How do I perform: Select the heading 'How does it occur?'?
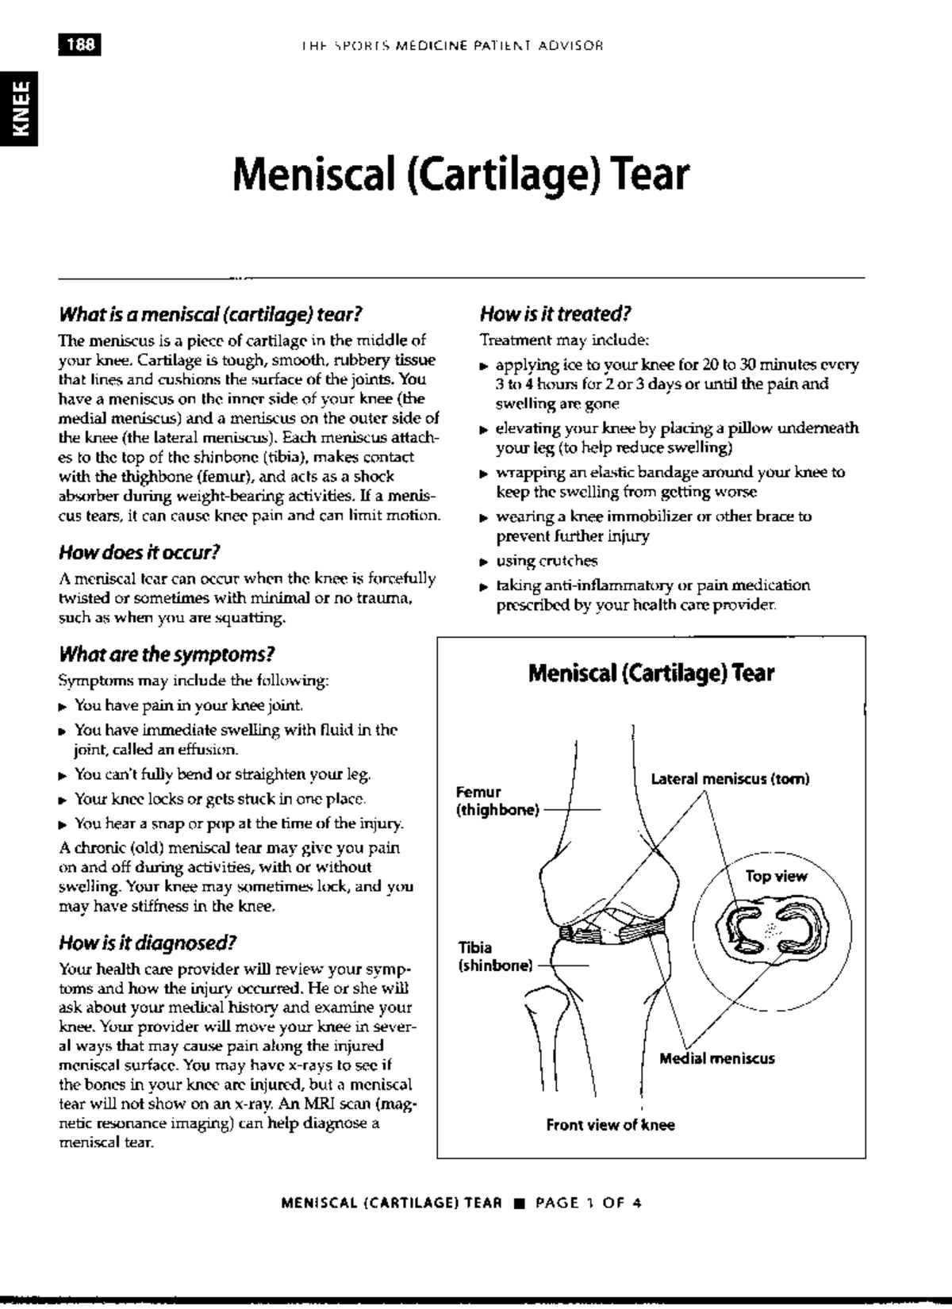click(x=139, y=552)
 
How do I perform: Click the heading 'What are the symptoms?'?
click(x=167, y=654)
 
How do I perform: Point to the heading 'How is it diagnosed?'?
click(x=148, y=943)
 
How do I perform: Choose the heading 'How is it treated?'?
click(x=555, y=314)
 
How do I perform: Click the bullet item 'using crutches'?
click(x=547, y=561)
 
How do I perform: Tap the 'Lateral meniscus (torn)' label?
click(x=730, y=779)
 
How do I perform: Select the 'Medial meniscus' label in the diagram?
click(x=717, y=1058)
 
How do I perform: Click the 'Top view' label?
click(x=776, y=877)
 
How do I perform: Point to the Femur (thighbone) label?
click(x=497, y=801)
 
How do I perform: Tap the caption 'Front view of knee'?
click(x=610, y=1125)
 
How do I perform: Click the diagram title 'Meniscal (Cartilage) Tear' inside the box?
click(x=651, y=674)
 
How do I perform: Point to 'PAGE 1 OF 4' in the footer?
click(x=589, y=1203)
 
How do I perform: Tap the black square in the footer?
click(x=520, y=1203)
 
